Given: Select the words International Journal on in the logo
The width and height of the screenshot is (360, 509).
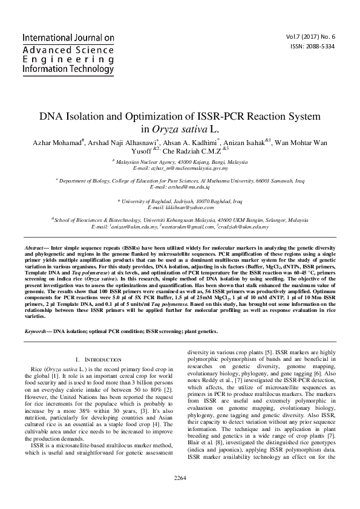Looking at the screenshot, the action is (x=68, y=38).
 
